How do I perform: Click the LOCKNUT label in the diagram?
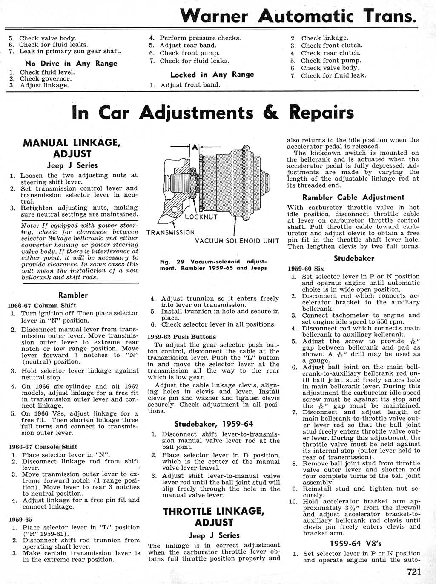pos(201,217)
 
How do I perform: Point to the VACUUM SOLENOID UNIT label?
pos(237,241)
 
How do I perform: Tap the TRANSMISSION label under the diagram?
pos(170,233)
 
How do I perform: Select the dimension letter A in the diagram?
pos(195,147)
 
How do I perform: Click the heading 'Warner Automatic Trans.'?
pos(298,16)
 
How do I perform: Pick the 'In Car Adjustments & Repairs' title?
pos(213,113)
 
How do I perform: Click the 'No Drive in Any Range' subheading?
pos(71,63)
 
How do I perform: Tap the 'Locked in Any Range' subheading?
pos(212,75)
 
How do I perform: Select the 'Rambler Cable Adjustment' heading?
pos(353,197)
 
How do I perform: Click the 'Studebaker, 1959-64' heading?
pos(214,424)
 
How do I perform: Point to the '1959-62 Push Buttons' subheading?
pos(181,337)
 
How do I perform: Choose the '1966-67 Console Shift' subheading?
pos(43,447)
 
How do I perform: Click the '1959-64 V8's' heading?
pos(353,544)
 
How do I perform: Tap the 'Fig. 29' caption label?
pos(165,262)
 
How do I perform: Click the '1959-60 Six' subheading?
pos(306,269)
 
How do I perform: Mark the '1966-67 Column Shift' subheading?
pos(42,305)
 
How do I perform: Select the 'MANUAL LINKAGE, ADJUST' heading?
pos(72,148)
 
